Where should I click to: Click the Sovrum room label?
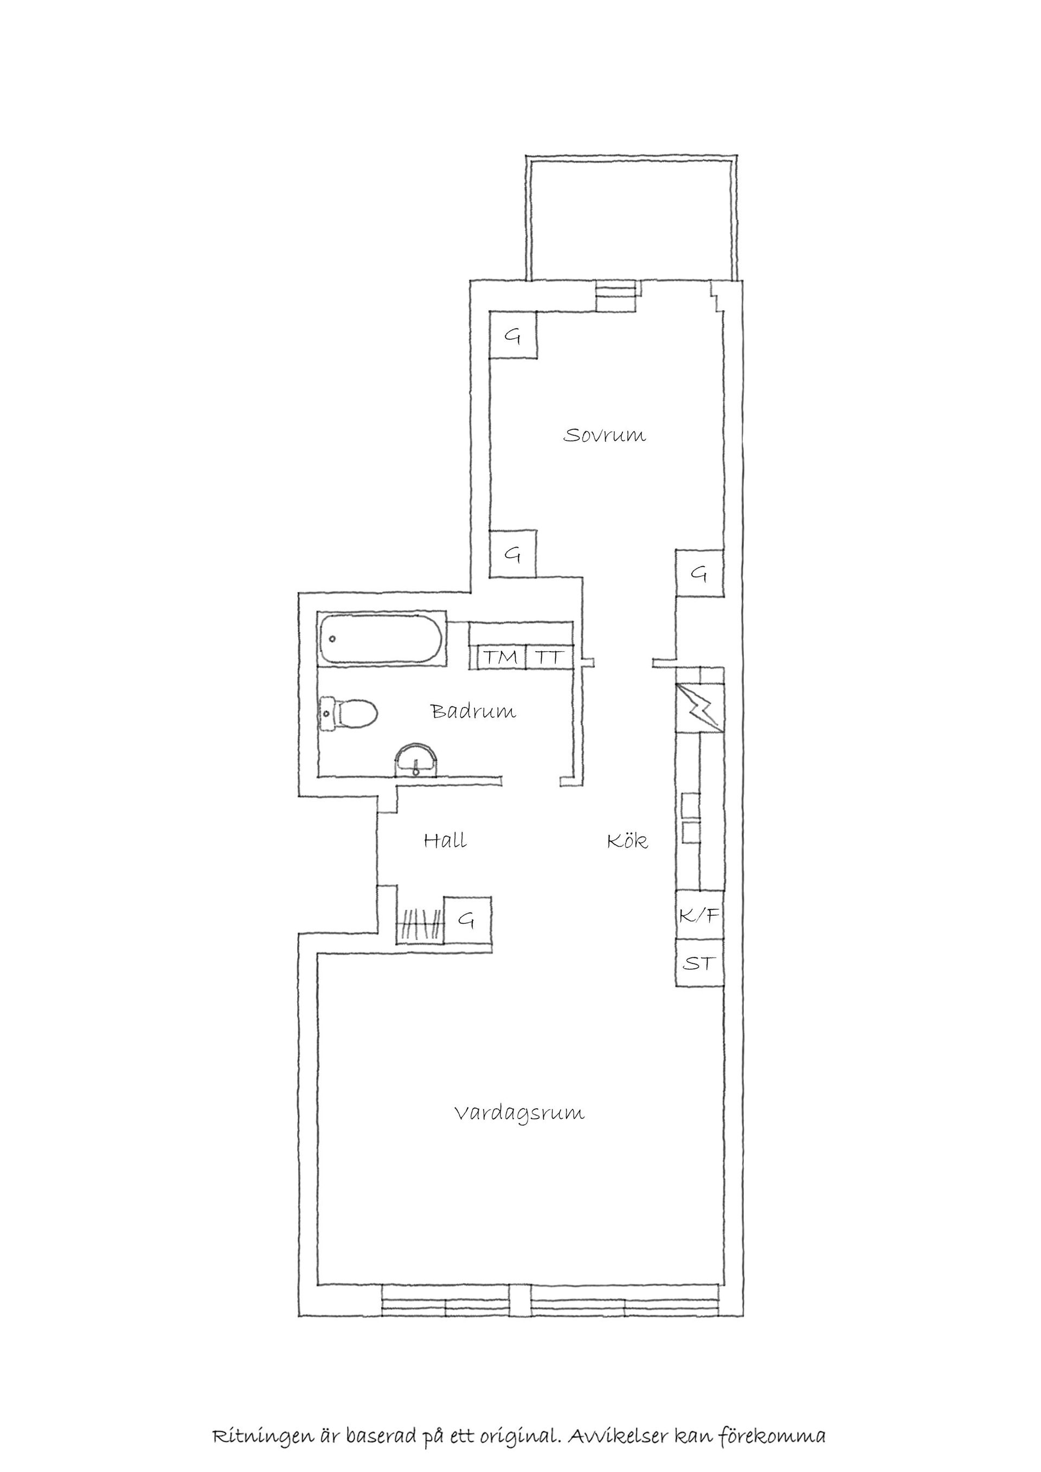[605, 435]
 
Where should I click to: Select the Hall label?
[445, 840]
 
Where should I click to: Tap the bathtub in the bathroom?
[381, 639]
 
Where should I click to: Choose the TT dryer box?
[549, 657]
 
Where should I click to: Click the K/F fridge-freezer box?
[700, 915]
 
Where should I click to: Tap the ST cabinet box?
[700, 962]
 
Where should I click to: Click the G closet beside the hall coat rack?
[467, 920]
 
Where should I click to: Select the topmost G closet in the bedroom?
[513, 335]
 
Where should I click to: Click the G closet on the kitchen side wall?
[699, 573]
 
